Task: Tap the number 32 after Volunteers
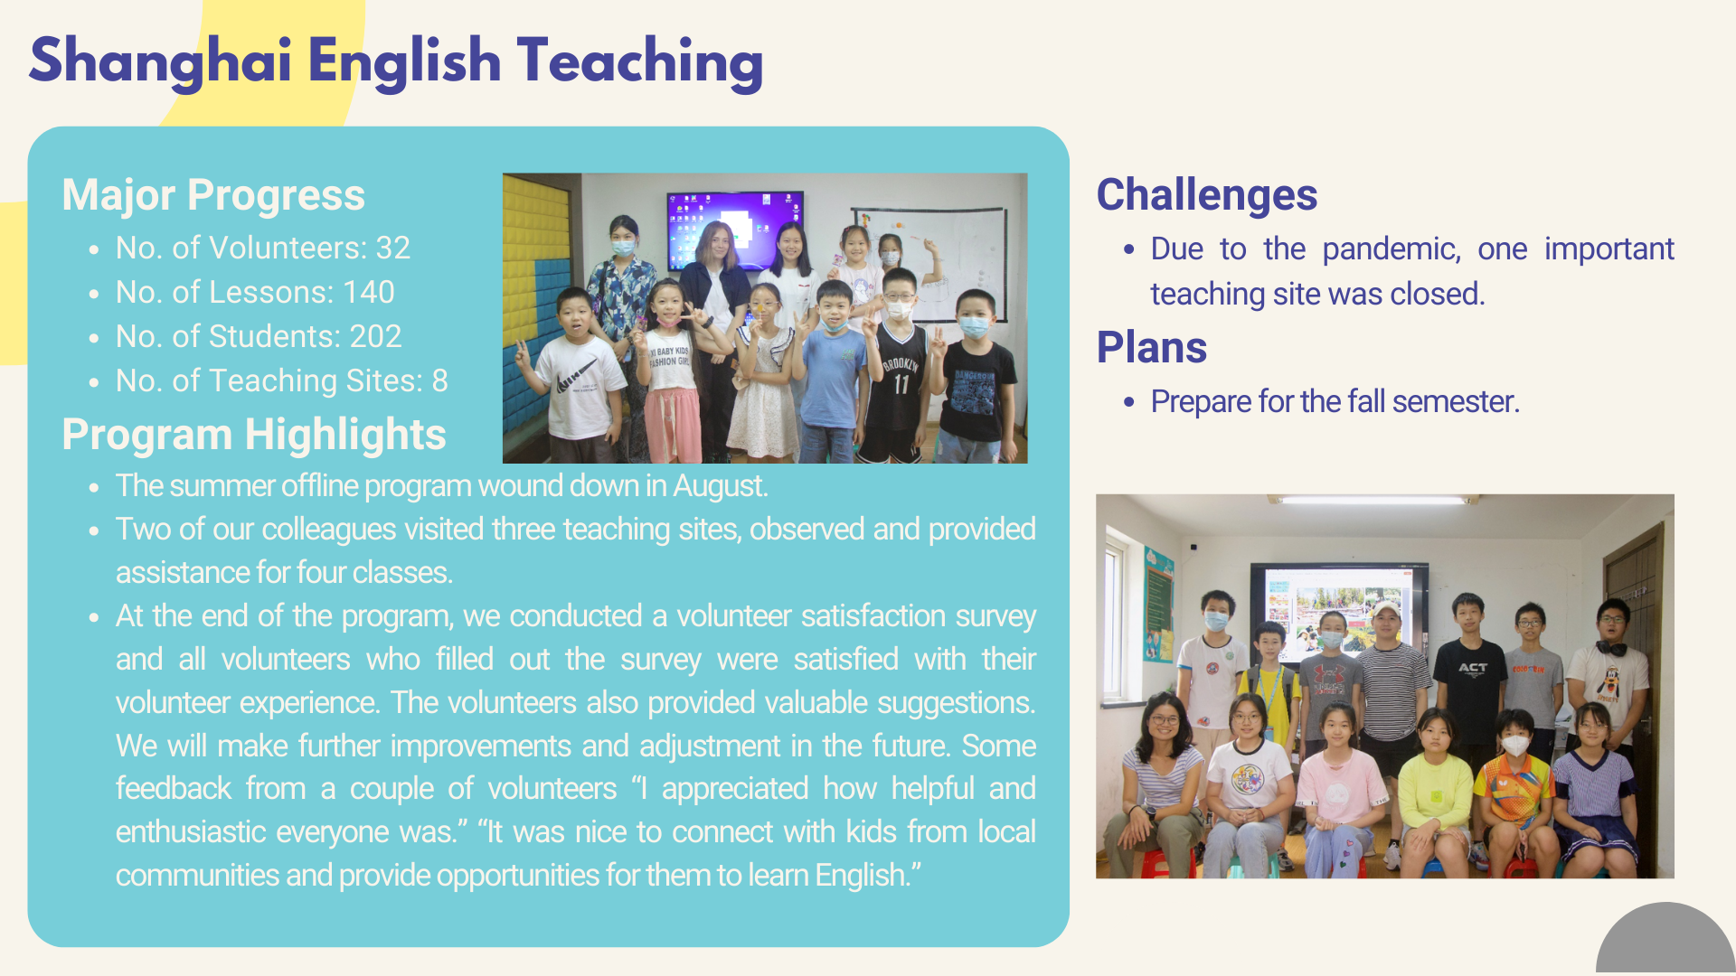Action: [x=393, y=248]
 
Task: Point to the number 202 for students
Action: [x=375, y=336]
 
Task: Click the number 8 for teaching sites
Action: [x=440, y=380]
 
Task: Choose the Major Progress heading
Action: [x=213, y=195]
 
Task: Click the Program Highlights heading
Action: [x=254, y=435]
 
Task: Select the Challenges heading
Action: [x=1207, y=195]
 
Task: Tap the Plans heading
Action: [x=1152, y=348]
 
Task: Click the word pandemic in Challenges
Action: [x=1392, y=249]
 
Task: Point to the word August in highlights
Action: [x=720, y=486]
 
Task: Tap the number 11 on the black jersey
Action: [x=901, y=384]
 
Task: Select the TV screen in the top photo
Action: [x=735, y=230]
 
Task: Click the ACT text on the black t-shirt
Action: [x=1472, y=668]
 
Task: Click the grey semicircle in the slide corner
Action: [x=1665, y=940]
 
